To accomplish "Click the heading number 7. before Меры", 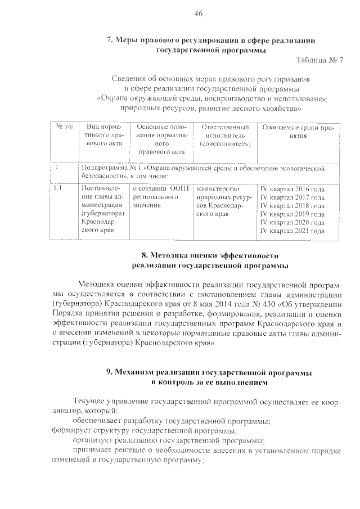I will pyautogui.click(x=110, y=40).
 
